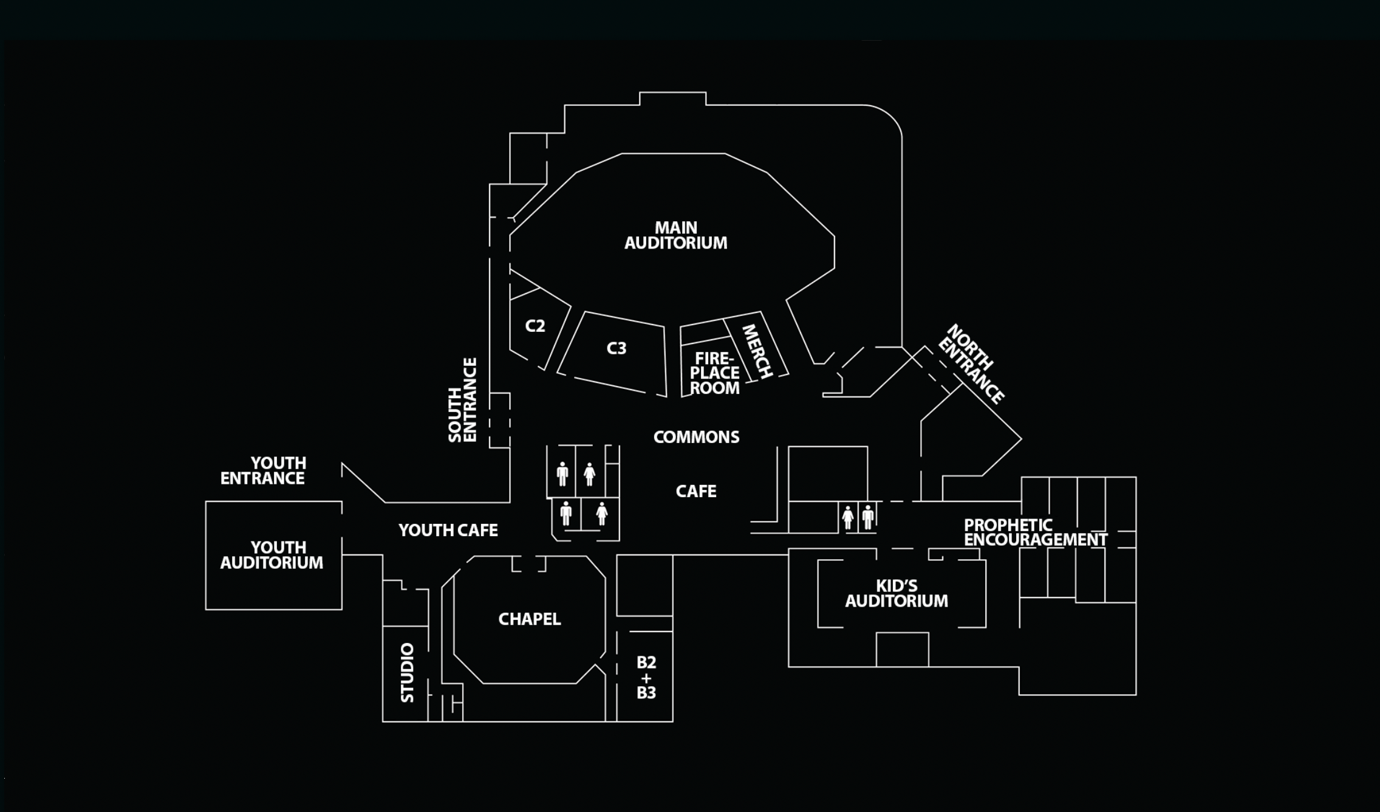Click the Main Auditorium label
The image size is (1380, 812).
675,235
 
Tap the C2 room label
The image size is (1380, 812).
535,326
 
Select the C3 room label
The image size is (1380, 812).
616,348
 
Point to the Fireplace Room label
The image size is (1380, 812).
715,373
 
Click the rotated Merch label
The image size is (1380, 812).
757,351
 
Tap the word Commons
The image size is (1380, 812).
696,437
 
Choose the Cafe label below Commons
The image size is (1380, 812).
696,491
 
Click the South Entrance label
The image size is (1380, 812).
463,400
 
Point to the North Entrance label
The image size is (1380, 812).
971,363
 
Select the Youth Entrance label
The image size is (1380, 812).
262,471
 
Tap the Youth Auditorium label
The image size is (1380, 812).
272,555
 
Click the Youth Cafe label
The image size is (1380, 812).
448,531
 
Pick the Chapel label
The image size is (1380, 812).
530,619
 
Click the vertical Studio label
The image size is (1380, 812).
408,672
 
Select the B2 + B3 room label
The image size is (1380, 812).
646,677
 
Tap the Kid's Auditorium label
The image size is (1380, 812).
897,593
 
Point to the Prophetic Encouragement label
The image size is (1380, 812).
1036,532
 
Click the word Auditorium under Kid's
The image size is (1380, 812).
897,601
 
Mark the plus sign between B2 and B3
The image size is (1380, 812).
646,677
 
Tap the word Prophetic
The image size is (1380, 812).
1008,525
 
